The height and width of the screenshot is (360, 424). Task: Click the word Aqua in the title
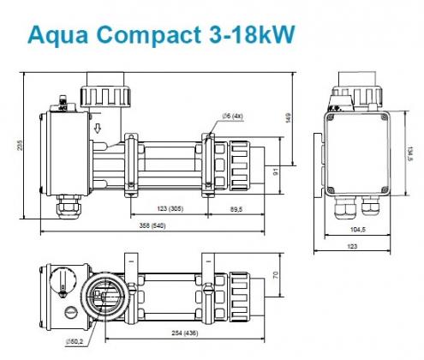click(57, 34)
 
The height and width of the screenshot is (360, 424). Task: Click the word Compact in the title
click(149, 34)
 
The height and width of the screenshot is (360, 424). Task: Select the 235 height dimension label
click(20, 145)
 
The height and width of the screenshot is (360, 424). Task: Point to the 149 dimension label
click(288, 118)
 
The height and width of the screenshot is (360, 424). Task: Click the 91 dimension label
click(276, 171)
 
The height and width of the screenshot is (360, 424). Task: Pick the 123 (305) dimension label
click(170, 208)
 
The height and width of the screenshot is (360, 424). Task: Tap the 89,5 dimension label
click(236, 209)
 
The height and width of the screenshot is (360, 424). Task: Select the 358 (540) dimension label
click(152, 225)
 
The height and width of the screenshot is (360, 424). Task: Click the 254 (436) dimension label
click(185, 333)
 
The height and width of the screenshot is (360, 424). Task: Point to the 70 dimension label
click(276, 275)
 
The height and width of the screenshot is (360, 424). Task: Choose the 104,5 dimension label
click(358, 229)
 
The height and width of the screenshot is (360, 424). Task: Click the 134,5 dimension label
click(410, 153)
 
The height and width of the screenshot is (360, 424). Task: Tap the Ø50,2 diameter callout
click(75, 341)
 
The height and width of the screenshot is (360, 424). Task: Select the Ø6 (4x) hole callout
click(232, 116)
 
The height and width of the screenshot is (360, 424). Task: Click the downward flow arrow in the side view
click(98, 129)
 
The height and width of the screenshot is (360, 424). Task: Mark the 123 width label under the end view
click(353, 246)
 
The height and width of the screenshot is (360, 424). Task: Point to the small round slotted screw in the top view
click(70, 311)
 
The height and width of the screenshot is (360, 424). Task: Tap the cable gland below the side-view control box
click(69, 207)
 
